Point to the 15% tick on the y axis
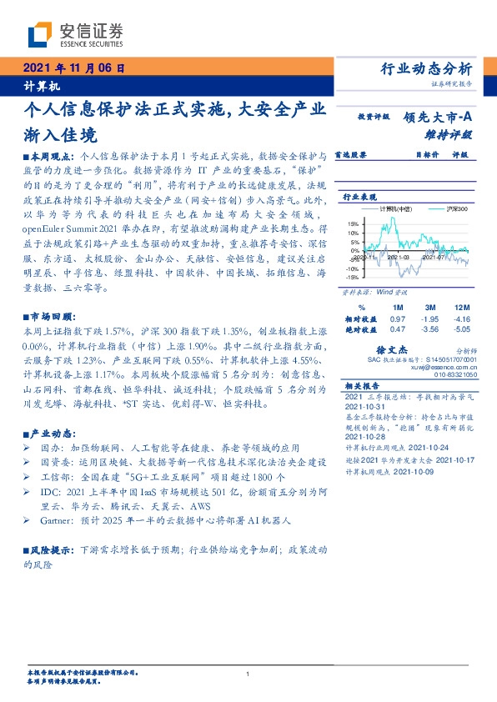tap(354, 223)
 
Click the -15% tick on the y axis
tap(353, 278)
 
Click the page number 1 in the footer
tap(248, 673)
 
